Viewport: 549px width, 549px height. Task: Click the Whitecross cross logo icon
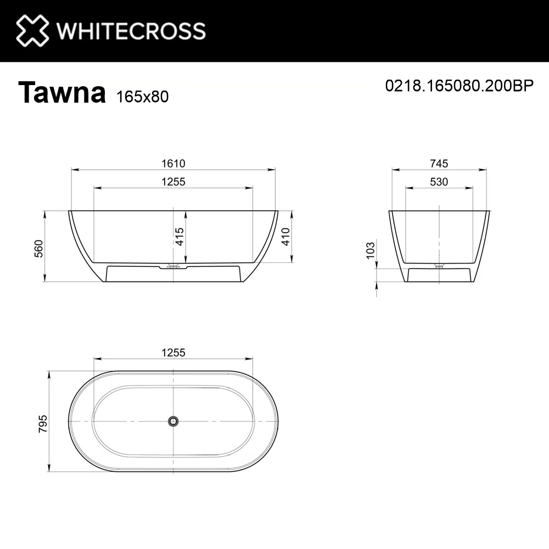coord(32,30)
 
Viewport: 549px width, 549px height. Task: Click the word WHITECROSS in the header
coord(131,31)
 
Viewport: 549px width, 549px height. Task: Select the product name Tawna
coord(61,92)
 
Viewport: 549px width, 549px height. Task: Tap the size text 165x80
coord(142,97)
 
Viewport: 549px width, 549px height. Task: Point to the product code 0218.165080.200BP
coord(460,86)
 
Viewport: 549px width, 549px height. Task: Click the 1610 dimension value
coord(173,164)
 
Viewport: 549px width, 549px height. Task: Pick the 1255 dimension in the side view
coord(173,182)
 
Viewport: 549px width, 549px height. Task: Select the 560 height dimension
coord(38,249)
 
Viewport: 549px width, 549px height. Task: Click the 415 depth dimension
coord(180,236)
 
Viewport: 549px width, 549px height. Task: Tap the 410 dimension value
coord(285,236)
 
